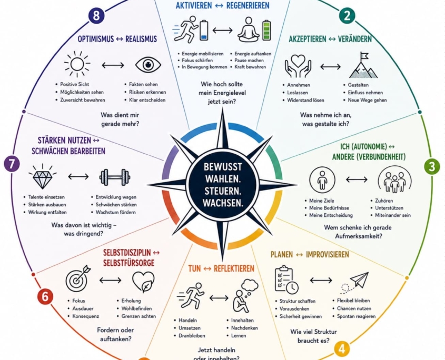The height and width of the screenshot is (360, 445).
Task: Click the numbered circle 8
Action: [96, 15]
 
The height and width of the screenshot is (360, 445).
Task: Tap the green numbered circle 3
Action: [432, 166]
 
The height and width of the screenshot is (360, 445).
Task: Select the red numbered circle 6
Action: [45, 297]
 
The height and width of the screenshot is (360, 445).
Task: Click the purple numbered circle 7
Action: [12, 164]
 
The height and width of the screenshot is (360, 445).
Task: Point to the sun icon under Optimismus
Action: [77, 64]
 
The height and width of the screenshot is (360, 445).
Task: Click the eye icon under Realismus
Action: [148, 65]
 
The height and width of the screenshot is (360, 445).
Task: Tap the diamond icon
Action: [43, 176]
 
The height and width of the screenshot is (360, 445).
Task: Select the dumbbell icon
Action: [115, 177]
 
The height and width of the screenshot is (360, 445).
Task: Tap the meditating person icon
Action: [249, 29]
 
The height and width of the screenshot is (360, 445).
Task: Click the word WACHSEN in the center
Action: [223, 203]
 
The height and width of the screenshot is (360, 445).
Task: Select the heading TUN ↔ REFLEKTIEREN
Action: [221, 268]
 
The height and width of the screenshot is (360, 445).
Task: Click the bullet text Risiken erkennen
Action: [147, 92]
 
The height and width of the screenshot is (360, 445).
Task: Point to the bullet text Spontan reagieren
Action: [356, 316]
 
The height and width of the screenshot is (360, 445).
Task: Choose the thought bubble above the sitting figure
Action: [250, 285]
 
